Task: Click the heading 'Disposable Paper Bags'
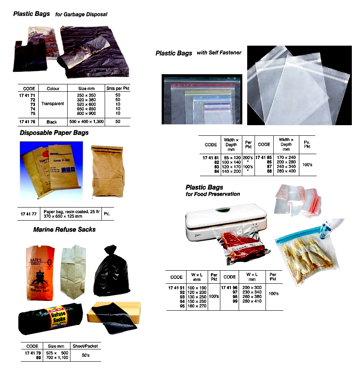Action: click(54, 133)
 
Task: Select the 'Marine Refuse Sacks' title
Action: click(64, 230)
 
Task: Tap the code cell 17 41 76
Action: click(27, 122)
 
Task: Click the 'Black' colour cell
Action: click(52, 122)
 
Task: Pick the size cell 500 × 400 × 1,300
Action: click(86, 122)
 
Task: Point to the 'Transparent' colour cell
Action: click(53, 104)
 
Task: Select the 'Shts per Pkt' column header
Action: click(117, 88)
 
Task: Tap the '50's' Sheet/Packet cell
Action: click(86, 355)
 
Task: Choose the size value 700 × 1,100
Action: click(57, 358)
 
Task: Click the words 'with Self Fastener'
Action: click(219, 52)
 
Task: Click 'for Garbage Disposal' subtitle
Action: click(81, 14)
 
